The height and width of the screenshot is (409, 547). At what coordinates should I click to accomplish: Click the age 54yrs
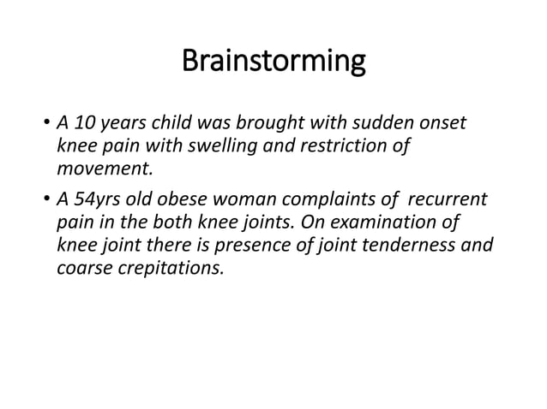pyautogui.click(x=96, y=200)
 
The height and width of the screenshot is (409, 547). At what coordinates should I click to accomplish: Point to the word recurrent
pyautogui.click(x=447, y=200)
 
